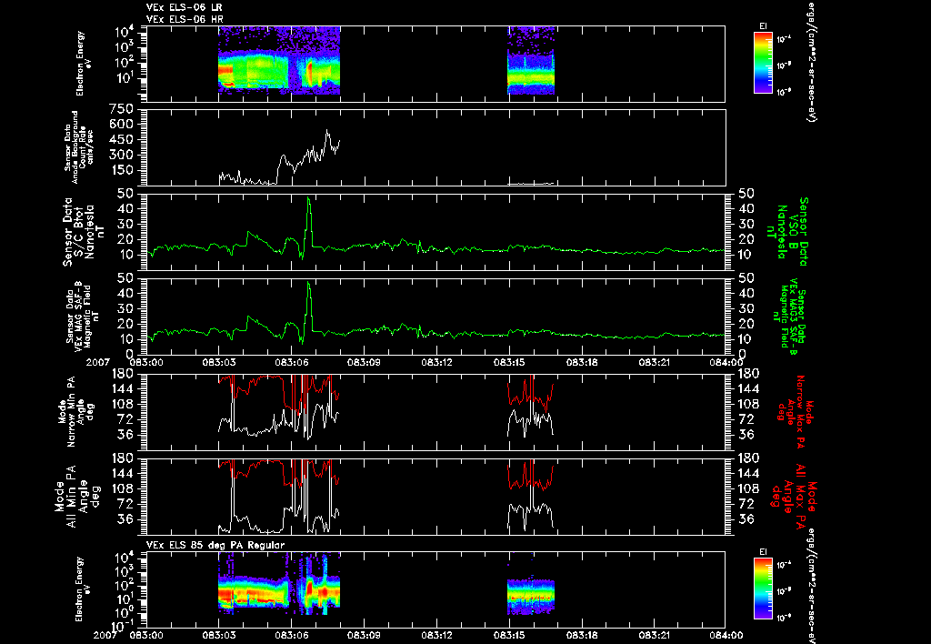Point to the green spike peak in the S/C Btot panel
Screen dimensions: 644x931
pyautogui.click(x=309, y=197)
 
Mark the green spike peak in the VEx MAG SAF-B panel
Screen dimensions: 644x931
pyautogui.click(x=309, y=283)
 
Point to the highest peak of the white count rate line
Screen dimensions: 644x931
pyautogui.click(x=327, y=130)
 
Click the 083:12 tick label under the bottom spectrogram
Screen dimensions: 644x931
pyautogui.click(x=436, y=635)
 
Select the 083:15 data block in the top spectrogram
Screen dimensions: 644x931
pyautogui.click(x=531, y=60)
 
